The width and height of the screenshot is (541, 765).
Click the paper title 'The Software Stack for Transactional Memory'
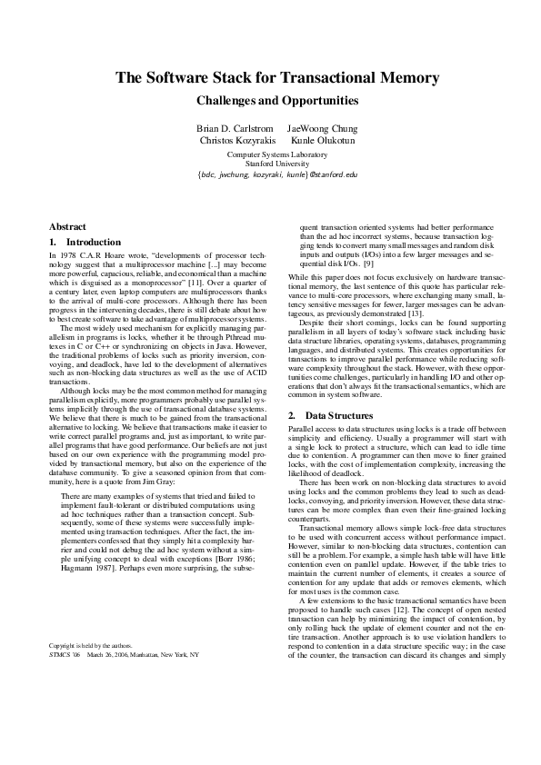point(270,78)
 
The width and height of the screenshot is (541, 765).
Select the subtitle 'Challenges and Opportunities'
point(270,101)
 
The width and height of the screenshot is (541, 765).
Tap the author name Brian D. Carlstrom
point(235,129)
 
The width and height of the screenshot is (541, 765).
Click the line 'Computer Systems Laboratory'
point(270,154)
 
